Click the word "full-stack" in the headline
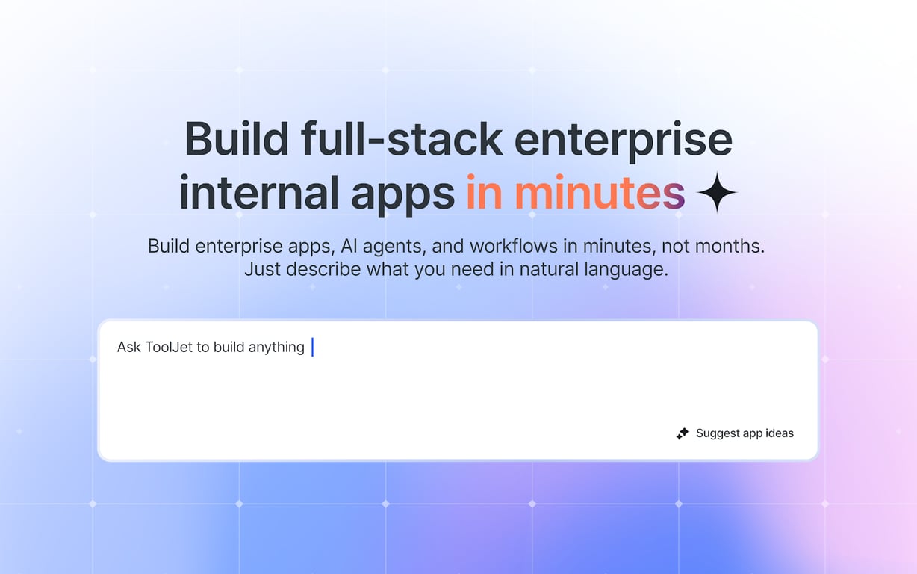tap(402, 138)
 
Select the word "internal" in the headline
tap(259, 192)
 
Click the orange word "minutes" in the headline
tap(600, 192)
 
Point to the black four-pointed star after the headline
tap(717, 192)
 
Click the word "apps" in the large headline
tap(402, 196)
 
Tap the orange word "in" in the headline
tap(484, 192)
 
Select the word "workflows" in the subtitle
tap(514, 246)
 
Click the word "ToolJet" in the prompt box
tap(169, 347)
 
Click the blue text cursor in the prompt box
tap(313, 347)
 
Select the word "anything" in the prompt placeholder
tap(276, 348)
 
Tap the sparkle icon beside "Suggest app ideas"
tap(683, 433)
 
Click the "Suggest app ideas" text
tap(745, 433)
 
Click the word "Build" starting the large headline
tap(237, 138)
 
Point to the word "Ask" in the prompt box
tap(129, 347)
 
